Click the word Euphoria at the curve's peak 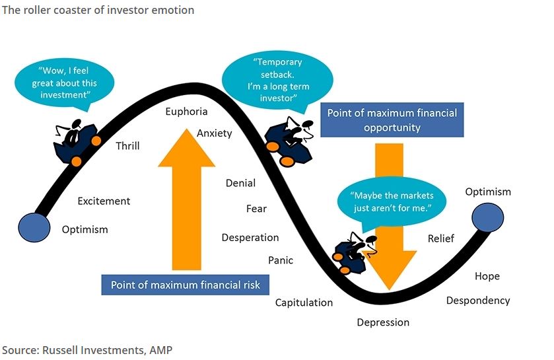[x=186, y=112]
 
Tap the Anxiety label [x=215, y=133]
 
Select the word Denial [x=240, y=183]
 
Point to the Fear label [x=256, y=209]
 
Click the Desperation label [x=250, y=238]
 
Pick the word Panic [x=281, y=260]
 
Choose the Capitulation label [x=304, y=303]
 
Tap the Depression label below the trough [x=383, y=322]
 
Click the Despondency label [x=478, y=301]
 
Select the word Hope [x=487, y=276]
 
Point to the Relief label [x=441, y=238]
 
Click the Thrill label [x=127, y=146]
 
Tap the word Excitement [x=104, y=201]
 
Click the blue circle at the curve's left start [x=34, y=227]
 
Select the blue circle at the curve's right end [x=488, y=217]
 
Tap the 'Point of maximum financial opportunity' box [x=392, y=120]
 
